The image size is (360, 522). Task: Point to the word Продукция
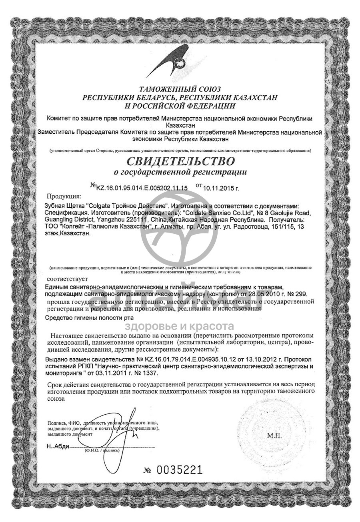click(64, 196)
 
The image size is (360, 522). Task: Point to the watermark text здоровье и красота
click(180, 326)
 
